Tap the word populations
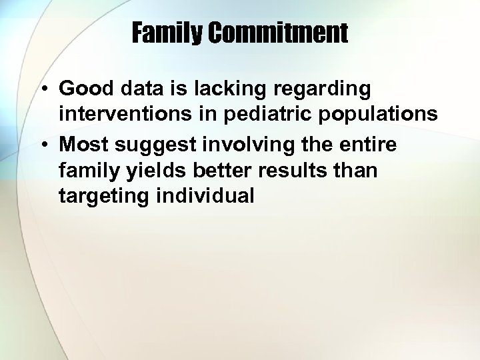coord(379,115)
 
